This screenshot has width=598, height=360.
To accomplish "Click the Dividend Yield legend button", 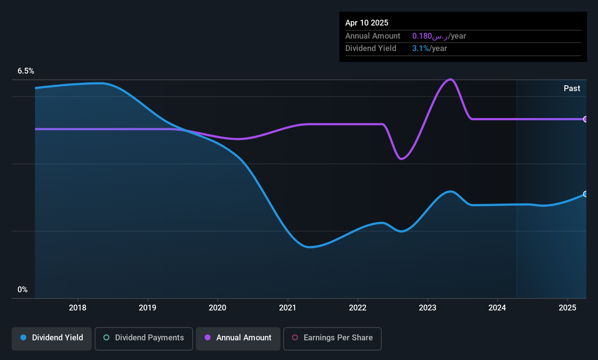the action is point(51,339).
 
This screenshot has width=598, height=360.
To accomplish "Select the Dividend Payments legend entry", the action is point(143,339).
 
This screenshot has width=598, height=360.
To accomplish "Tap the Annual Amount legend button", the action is point(238,339).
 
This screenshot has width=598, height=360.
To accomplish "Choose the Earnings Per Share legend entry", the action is point(333,339).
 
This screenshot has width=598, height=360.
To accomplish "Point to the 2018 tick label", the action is point(78,308).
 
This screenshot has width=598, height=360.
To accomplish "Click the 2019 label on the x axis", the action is point(147,308).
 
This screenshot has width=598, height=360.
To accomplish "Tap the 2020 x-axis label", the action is point(217,308).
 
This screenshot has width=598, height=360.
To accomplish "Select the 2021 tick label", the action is point(287,308).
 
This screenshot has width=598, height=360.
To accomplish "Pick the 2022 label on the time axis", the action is point(358,308).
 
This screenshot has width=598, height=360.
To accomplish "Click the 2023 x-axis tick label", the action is point(428,308).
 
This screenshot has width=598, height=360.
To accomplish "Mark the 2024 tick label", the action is point(497,308).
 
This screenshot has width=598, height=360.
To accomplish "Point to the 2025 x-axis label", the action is point(567,308).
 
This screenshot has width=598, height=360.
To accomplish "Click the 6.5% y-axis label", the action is point(26,71).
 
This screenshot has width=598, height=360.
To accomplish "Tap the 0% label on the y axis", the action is point(23,290).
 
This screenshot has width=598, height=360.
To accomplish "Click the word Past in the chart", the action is point(572,89).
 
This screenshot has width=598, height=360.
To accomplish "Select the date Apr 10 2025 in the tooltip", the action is point(367,23).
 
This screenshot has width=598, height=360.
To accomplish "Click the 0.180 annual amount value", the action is point(422,36).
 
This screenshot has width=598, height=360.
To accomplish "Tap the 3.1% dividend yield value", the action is point(421,48).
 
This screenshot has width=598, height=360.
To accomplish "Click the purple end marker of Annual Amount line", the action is point(586,119).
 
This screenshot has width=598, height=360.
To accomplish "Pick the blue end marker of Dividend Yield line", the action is point(586,194).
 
